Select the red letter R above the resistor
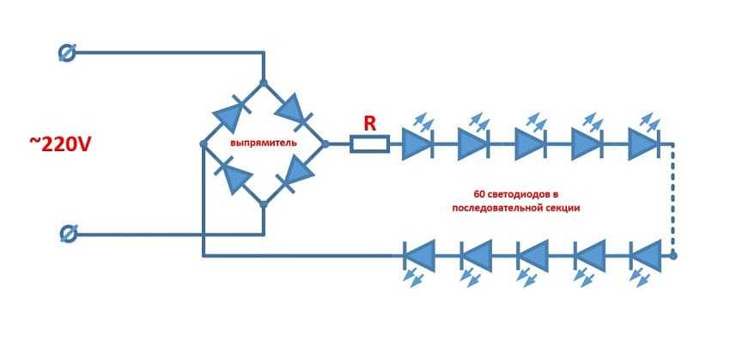pos(369,124)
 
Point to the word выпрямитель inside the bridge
pos(262,139)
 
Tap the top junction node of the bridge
pos(264,82)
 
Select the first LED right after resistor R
pos(417,143)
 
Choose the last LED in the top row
pos(643,143)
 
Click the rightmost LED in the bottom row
pos(645,255)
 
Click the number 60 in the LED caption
pos(479,192)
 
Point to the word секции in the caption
pos(562,208)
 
